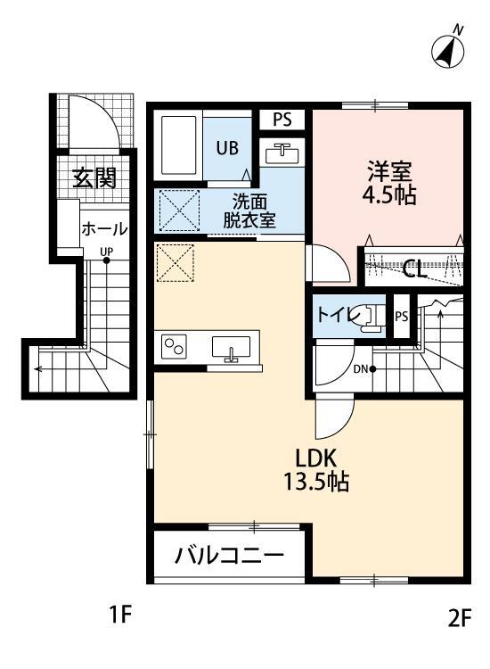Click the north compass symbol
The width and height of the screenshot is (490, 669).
coord(448,50)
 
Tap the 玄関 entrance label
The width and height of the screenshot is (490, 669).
coord(94,178)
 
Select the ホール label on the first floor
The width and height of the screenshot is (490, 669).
coord(104,229)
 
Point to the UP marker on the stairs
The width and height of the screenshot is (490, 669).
coord(106,252)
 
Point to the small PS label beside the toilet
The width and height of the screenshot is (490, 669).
coord(402,316)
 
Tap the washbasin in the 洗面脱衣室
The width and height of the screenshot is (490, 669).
coord(282,153)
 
